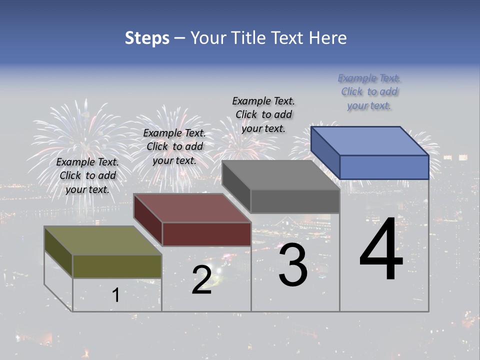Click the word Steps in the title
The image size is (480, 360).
click(147, 38)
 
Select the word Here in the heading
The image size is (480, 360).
click(327, 38)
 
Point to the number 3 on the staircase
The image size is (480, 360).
click(293, 265)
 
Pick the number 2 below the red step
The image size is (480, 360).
click(201, 280)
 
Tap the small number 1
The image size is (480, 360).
click(115, 295)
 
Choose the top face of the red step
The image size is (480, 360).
click(192, 208)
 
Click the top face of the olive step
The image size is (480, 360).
click(103, 240)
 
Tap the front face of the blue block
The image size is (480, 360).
click(384, 167)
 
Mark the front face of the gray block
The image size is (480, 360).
click(295, 201)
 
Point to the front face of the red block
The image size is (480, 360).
click(206, 234)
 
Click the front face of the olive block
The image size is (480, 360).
click(117, 266)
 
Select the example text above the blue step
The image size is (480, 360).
click(369, 92)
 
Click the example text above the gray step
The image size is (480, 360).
click(263, 114)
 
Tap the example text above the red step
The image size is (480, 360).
click(174, 146)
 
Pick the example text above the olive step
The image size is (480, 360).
click(87, 175)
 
